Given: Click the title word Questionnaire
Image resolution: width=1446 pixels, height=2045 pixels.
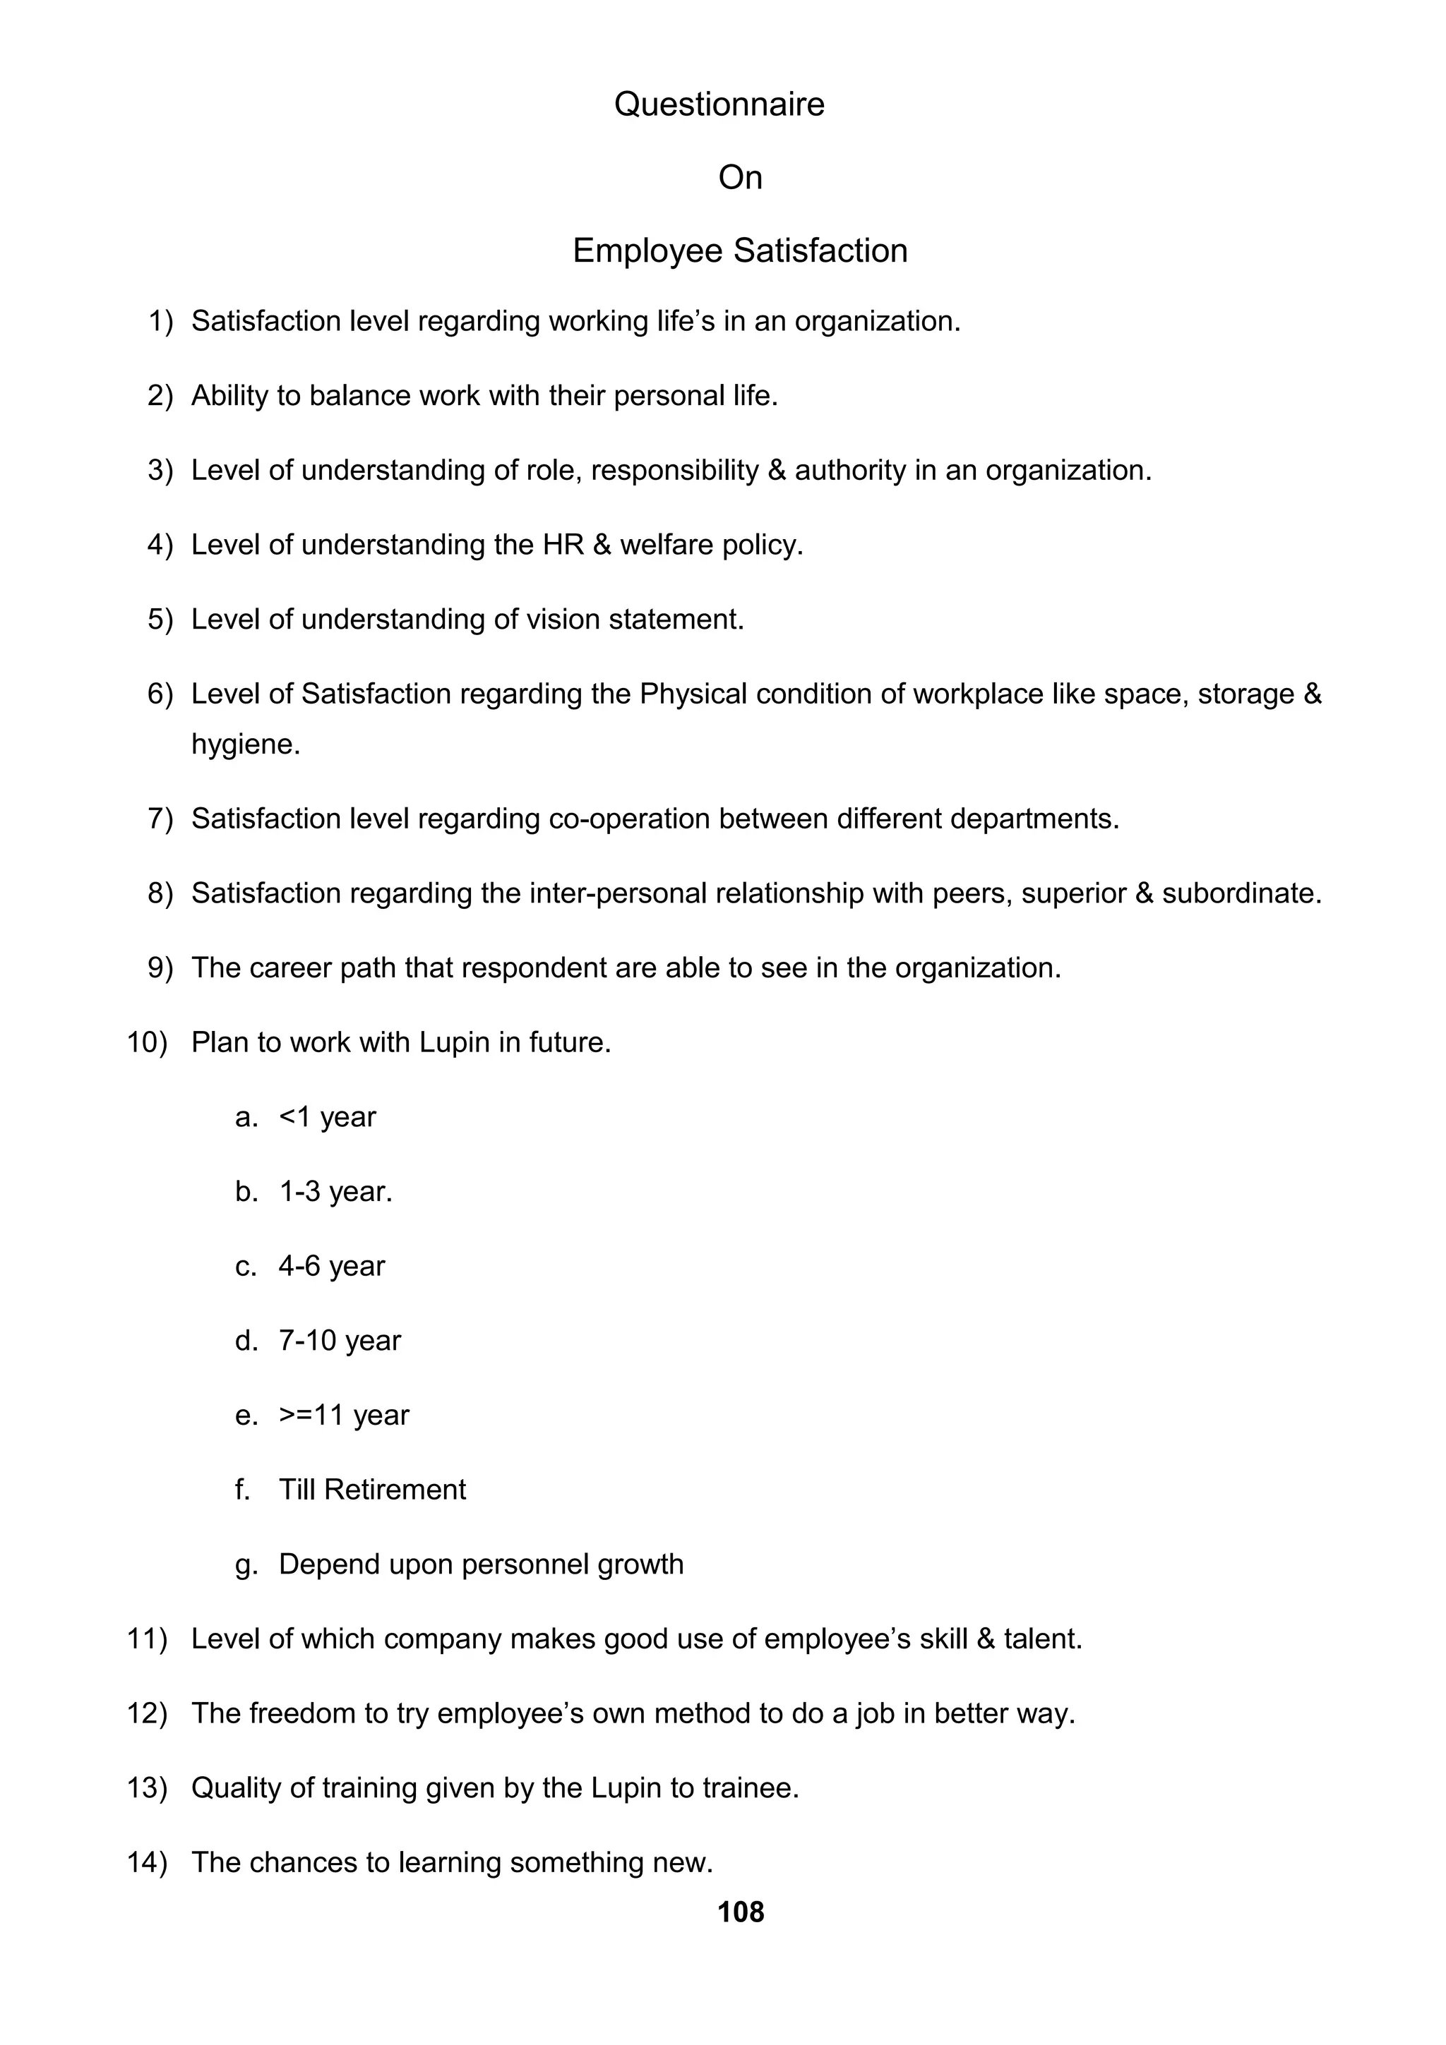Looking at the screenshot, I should click(x=719, y=104).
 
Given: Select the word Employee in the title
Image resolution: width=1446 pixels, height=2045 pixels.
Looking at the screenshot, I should click(x=647, y=251).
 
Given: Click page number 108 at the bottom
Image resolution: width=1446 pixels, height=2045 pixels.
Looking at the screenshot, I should click(x=741, y=1912).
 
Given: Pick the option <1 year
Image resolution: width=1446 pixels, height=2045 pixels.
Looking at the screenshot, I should click(x=327, y=1117).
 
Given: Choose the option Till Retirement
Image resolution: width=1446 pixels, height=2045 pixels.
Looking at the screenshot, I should click(x=371, y=1489).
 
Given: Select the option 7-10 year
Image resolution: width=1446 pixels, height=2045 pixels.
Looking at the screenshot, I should click(x=340, y=1341).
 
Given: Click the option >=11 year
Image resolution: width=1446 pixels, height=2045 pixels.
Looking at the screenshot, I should click(x=344, y=1416).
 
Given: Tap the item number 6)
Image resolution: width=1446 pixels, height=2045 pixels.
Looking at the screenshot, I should click(x=160, y=694).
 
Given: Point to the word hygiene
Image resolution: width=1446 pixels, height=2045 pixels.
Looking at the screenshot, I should click(x=245, y=744).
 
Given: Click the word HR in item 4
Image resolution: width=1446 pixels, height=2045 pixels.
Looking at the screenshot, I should click(x=562, y=545).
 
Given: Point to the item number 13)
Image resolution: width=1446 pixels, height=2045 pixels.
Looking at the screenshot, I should click(x=147, y=1787).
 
